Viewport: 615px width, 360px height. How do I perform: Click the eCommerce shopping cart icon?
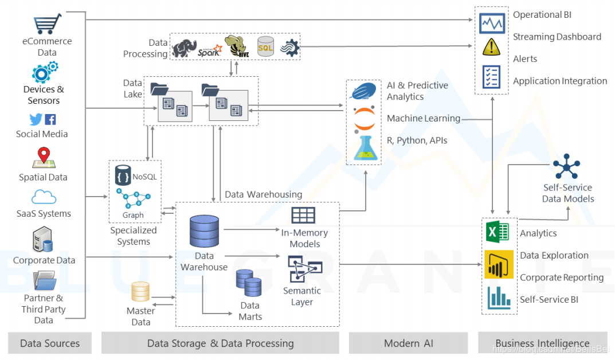point(47,24)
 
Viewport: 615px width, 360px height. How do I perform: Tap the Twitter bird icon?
point(36,119)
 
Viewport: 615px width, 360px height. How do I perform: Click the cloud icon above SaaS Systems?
point(44,197)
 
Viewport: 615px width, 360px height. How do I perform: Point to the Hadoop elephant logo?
point(184,49)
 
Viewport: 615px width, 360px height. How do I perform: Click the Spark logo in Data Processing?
point(209,50)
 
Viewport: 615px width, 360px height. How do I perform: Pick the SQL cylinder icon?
point(265,48)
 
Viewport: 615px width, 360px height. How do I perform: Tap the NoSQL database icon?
point(123,175)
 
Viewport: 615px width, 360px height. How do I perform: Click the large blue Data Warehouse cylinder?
point(204,232)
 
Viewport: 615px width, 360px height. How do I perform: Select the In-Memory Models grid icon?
point(303,216)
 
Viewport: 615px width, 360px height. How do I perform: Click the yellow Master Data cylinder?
point(140,292)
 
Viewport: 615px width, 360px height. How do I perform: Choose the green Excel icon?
point(498,232)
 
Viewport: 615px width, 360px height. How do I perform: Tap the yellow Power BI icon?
point(498,264)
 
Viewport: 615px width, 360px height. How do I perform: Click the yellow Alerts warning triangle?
point(492,48)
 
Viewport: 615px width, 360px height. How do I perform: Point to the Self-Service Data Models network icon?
point(567,167)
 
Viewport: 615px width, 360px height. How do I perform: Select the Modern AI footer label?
point(408,343)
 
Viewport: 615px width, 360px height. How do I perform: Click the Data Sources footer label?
point(50,343)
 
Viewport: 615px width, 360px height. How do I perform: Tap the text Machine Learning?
point(424,119)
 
